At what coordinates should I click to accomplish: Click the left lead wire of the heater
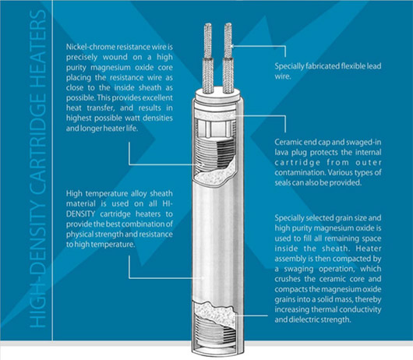pos(208,58)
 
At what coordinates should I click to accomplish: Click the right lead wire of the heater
pos(228,58)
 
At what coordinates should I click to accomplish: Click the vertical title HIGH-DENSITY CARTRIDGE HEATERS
pos(37,169)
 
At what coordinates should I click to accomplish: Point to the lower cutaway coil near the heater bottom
pos(214,328)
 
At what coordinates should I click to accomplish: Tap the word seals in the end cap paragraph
pos(284,183)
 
